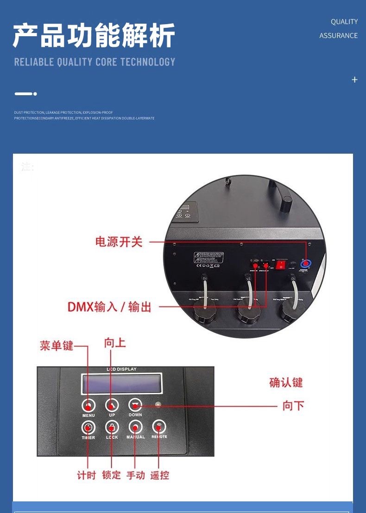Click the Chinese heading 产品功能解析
pos(94,36)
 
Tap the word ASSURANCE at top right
pos(338,36)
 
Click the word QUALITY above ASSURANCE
pos(344,22)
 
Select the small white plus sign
pos(354,80)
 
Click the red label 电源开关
pos(119,242)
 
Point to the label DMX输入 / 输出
pos(109,307)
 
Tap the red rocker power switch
pos(281,265)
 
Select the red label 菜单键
pos(57,346)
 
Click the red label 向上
pos(115,343)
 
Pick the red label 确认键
pos(286,383)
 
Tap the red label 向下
pos(293,406)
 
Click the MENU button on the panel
pos(88,405)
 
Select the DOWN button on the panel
pos(135,404)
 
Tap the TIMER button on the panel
pos(88,427)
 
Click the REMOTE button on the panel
pos(159,427)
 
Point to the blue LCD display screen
pos(122,384)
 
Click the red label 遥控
pos(159,475)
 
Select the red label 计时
pos(86,475)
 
